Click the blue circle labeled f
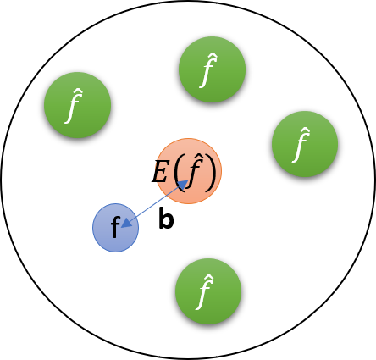pyautogui.click(x=116, y=228)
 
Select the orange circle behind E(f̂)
pyautogui.click(x=189, y=171)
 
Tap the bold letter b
pyautogui.click(x=166, y=218)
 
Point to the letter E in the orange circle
pyautogui.click(x=162, y=171)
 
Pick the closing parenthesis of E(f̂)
pyautogui.click(x=212, y=175)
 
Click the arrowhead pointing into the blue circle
pyautogui.click(x=126, y=223)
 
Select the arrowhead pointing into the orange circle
pyautogui.click(x=182, y=185)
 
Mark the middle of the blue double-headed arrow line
pyautogui.click(x=155, y=204)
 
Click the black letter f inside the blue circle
pyautogui.click(x=115, y=227)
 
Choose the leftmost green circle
pyautogui.click(x=77, y=105)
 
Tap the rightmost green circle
pyautogui.click(x=305, y=144)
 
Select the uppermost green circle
pyautogui.click(x=212, y=69)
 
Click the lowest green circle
pyautogui.click(x=208, y=291)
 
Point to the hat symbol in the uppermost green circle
pyautogui.click(x=213, y=58)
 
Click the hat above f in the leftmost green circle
pyautogui.click(x=78, y=93)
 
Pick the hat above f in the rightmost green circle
pyautogui.click(x=306, y=131)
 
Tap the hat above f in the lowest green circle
pyautogui.click(x=209, y=280)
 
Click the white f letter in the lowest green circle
pyautogui.click(x=204, y=296)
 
